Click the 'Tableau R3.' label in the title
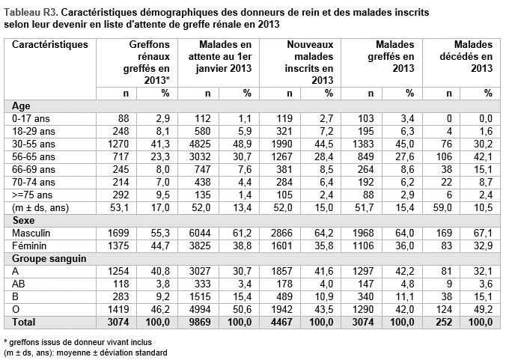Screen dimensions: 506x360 coord(31,13)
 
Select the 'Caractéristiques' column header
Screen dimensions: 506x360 coord(50,44)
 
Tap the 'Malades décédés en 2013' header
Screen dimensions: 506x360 coord(466,56)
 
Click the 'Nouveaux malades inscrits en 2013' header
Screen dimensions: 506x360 coord(309,62)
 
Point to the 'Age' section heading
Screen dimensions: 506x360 coord(21,106)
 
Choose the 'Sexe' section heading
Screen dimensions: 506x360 coord(23,221)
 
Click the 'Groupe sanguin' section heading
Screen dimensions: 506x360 coord(49,259)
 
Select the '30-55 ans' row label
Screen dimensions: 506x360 coord(34,144)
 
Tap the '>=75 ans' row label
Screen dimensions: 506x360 coord(32,195)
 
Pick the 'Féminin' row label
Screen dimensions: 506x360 coord(29,245)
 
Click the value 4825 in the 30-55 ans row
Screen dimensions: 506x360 coord(199,144)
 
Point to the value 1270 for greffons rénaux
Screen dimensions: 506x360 coord(118,144)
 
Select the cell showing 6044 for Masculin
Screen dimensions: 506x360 coord(199,234)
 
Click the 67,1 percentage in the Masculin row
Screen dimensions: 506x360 coord(483,234)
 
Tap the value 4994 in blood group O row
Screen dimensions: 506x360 coord(199,310)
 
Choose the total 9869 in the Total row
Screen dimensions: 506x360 coord(199,323)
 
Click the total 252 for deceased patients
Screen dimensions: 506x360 coord(444,323)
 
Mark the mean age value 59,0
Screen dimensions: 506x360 coord(443,208)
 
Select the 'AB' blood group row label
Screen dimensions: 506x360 coord(19,284)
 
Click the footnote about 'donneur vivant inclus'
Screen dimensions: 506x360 coord(78,342)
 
